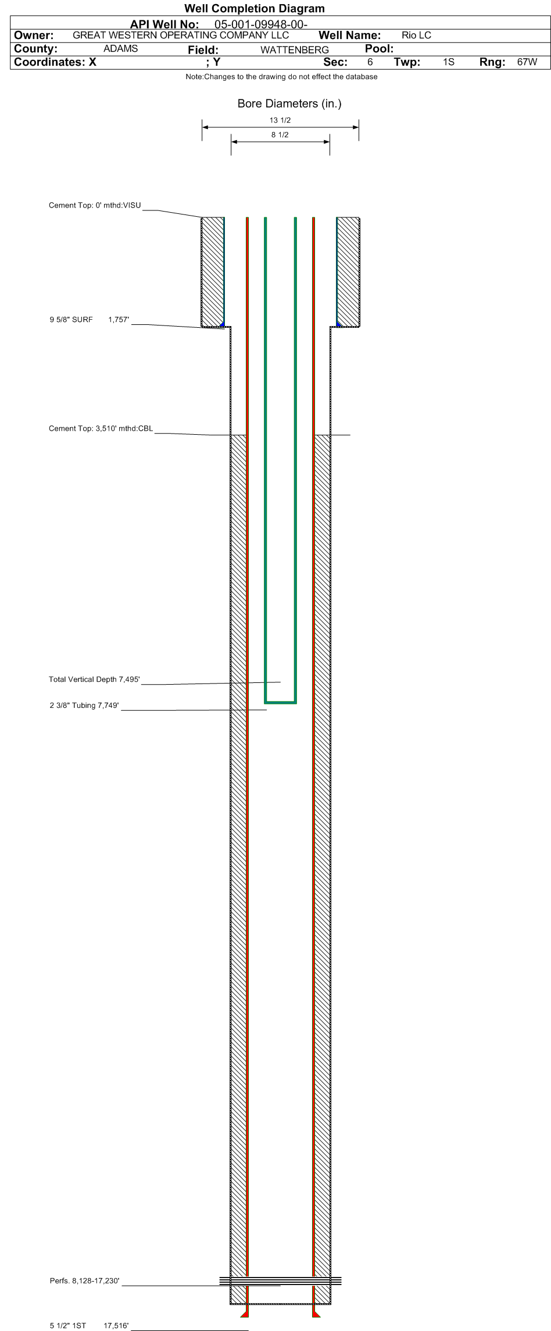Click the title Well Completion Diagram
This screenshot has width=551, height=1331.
[255, 9]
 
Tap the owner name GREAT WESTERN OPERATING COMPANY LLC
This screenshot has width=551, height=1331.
[181, 35]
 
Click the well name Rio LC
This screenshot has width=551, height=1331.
[416, 35]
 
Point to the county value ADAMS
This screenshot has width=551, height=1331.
[120, 49]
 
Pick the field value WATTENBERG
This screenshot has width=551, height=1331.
[295, 50]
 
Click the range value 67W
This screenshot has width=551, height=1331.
[527, 62]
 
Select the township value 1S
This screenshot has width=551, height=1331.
[448, 62]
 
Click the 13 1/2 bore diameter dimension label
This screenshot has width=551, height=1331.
[280, 120]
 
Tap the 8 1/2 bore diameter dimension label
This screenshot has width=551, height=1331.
[280, 135]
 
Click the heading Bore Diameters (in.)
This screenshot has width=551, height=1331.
[289, 103]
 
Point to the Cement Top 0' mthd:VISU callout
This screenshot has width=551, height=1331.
[95, 205]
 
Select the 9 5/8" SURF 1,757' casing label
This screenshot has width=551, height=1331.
[89, 320]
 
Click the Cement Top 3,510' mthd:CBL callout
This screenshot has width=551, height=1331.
[101, 429]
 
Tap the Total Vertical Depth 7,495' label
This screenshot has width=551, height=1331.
[95, 679]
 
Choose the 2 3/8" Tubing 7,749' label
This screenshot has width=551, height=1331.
[84, 706]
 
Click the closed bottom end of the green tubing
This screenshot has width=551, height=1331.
[281, 702]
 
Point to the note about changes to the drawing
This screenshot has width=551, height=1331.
[281, 77]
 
